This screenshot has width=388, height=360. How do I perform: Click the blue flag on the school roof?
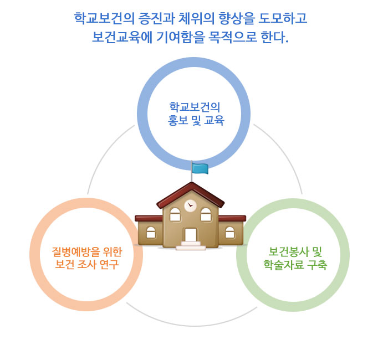(200, 168)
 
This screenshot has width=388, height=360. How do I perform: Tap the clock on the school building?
(190, 205)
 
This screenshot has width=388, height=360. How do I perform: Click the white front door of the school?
(191, 235)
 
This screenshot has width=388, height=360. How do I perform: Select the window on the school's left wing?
(151, 233)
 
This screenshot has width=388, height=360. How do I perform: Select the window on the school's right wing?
(230, 233)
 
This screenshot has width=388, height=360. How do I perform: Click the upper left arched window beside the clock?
(175, 214)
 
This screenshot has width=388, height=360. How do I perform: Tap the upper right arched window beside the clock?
(206, 214)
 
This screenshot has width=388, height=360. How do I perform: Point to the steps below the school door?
(191, 246)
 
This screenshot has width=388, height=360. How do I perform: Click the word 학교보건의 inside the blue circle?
(195, 107)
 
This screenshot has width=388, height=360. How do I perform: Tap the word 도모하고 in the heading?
(283, 18)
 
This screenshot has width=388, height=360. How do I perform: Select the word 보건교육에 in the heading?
(122, 37)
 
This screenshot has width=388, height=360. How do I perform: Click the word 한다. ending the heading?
(275, 37)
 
